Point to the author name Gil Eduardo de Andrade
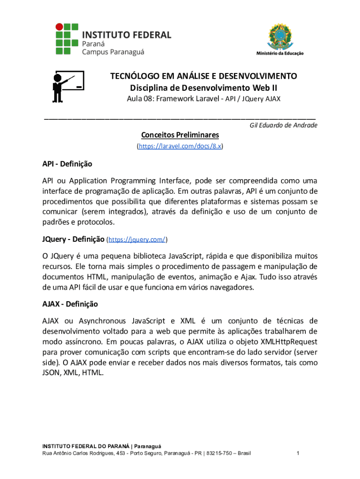tap(283, 125)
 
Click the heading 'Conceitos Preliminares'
tap(180, 135)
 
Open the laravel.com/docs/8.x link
tap(180, 146)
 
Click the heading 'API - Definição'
tap(67, 164)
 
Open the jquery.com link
tap(137, 239)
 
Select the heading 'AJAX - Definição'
tap(70, 304)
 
